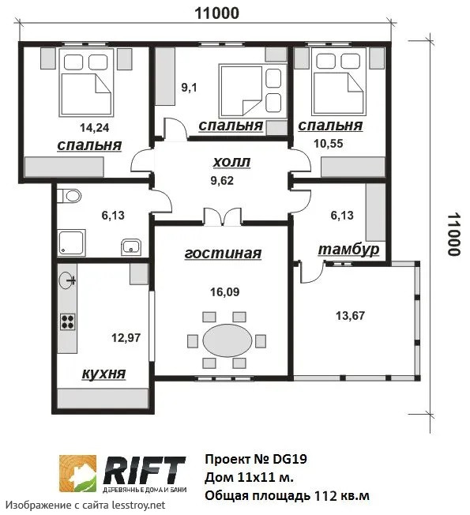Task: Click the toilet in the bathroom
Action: (x=70, y=196)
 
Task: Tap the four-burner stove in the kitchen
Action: (x=68, y=322)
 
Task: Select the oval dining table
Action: (x=227, y=340)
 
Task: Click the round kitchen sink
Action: (x=67, y=281)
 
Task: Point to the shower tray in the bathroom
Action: (x=72, y=242)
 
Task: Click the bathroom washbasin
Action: (x=131, y=247)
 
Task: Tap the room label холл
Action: (x=232, y=162)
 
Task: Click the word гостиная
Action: (x=223, y=254)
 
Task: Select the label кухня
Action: (x=103, y=374)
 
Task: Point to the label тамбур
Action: (x=348, y=250)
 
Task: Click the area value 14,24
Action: (x=95, y=128)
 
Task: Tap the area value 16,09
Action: (x=225, y=291)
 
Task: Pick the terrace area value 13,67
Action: (x=350, y=316)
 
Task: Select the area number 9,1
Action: (x=189, y=88)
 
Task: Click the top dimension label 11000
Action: (x=217, y=13)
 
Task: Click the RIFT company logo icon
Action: (x=78, y=473)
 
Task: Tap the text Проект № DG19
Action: (x=256, y=459)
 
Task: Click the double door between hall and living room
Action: (x=223, y=217)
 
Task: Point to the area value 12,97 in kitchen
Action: (x=126, y=337)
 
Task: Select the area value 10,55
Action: (x=329, y=144)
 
